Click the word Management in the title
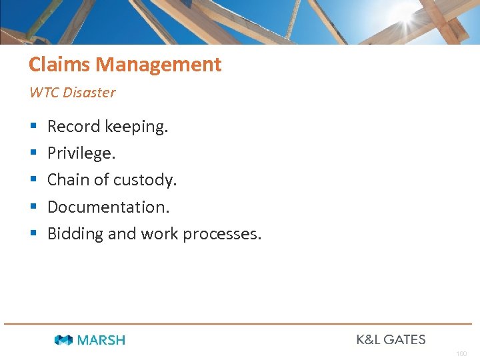click(x=159, y=65)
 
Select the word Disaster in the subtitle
click(x=89, y=93)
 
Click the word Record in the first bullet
click(x=73, y=127)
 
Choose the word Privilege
click(x=81, y=153)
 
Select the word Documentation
click(x=109, y=207)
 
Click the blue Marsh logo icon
click(x=63, y=340)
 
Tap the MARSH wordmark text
click(x=101, y=340)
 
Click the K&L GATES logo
click(x=391, y=339)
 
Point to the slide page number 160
click(x=461, y=353)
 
